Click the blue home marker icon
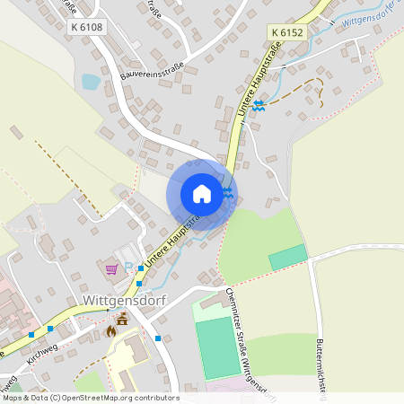[202, 193]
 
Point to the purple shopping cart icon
[111, 268]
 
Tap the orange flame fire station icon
[111, 331]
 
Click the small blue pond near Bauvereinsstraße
[91, 82]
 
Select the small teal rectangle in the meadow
[287, 258]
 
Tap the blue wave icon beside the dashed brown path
[259, 105]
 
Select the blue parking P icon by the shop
[128, 267]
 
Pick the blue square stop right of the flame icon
[158, 338]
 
